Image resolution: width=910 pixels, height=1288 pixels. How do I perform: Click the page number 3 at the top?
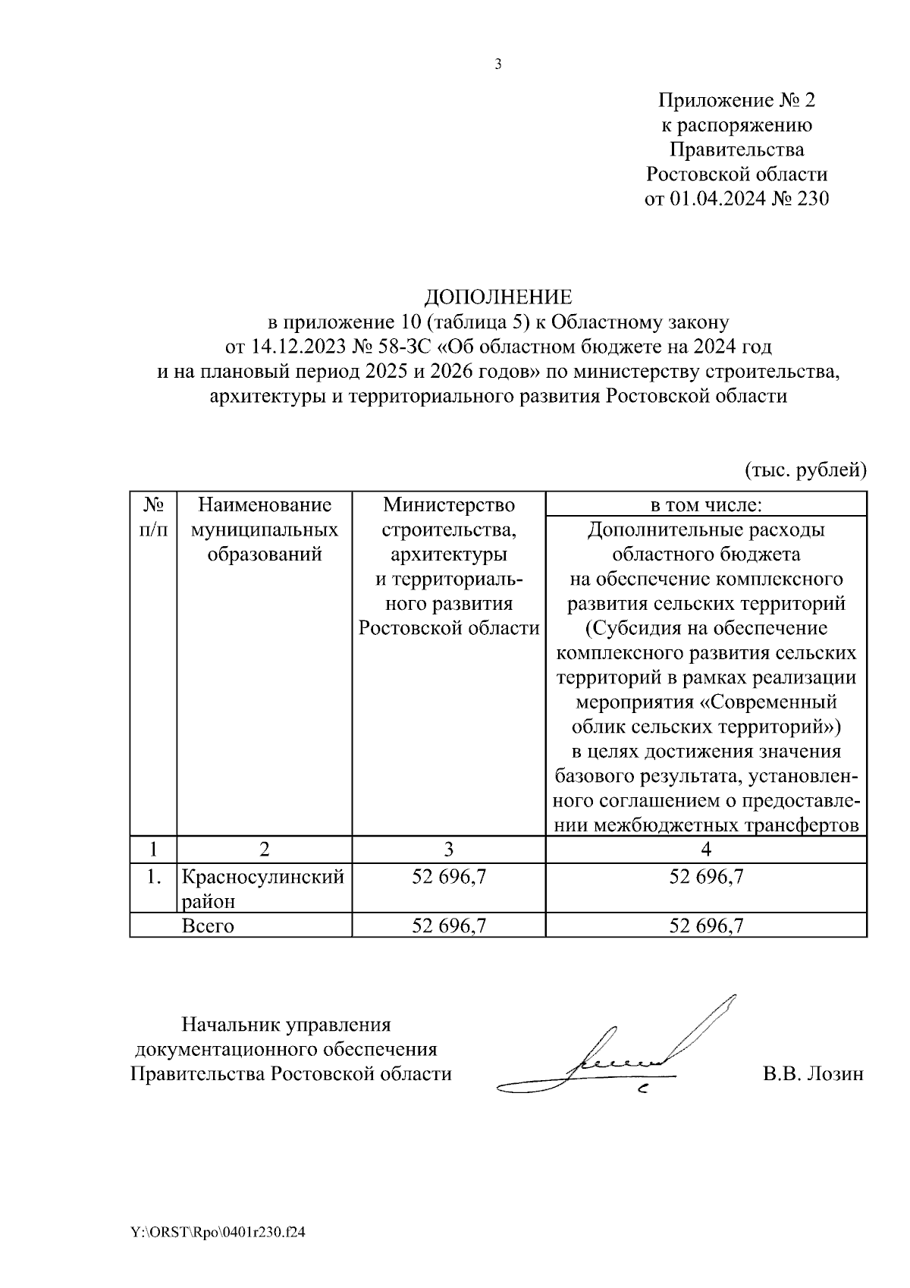tap(498, 64)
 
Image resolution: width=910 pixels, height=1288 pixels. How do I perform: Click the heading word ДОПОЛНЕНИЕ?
tap(497, 297)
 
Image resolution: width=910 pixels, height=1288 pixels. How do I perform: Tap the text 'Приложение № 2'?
tap(736, 100)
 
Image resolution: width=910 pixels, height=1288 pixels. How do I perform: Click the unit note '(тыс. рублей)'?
tap(805, 470)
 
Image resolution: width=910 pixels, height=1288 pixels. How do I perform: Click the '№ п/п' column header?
tap(153, 517)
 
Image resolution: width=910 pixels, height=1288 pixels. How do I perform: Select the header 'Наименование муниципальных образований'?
tap(265, 529)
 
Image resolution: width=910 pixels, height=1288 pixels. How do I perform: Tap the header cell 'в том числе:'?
tap(706, 505)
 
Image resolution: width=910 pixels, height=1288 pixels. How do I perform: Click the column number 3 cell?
tap(448, 849)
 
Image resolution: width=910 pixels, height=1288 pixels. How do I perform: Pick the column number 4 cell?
tap(706, 849)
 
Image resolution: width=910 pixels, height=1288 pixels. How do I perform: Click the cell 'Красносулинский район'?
tap(262, 889)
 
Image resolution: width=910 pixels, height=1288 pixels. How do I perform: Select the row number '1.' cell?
tap(153, 878)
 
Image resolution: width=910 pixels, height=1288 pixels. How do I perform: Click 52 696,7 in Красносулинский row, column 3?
tap(448, 878)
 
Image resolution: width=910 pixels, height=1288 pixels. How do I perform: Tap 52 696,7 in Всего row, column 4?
tap(706, 926)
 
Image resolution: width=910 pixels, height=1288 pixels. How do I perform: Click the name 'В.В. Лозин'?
tap(812, 1074)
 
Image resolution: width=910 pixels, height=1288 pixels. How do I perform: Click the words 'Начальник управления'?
tap(286, 1026)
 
